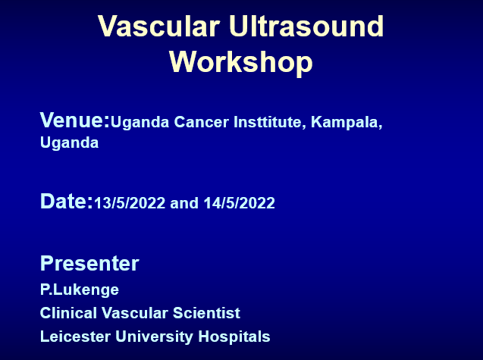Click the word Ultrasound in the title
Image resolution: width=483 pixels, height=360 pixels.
306,26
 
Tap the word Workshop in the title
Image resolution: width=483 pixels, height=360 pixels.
241,62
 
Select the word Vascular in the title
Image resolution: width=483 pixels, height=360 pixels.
159,26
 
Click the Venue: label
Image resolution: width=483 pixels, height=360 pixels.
75,120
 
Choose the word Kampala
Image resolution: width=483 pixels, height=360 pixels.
347,123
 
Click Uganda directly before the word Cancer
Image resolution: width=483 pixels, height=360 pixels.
140,123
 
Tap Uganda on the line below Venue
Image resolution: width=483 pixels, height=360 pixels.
69,143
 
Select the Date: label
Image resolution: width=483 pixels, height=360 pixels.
67,202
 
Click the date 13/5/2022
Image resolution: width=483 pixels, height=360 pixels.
130,203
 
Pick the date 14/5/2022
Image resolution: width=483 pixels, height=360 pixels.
240,203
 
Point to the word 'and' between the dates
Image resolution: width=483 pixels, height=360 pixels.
184,203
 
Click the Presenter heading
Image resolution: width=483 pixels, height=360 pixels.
89,264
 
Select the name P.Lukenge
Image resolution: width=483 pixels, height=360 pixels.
80,290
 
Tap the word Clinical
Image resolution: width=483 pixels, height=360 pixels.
68,313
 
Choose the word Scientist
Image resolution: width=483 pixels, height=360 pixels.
206,313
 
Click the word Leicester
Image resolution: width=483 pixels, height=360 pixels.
75,337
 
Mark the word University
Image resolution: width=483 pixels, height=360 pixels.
155,337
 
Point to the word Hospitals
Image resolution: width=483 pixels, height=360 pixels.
234,337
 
